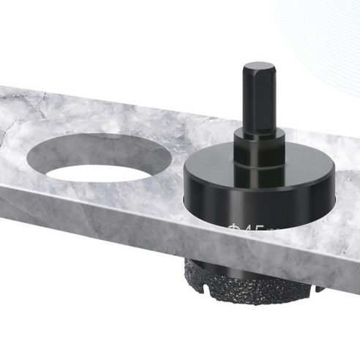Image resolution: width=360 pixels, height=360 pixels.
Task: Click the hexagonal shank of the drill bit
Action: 258,99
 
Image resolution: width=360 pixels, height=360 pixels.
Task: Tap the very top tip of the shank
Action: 258,64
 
